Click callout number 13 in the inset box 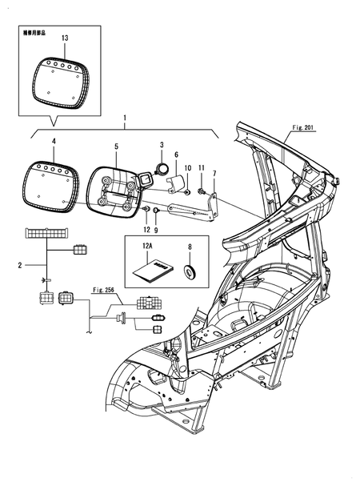point(65,38)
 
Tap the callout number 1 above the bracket point(124,118)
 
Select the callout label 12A point(146,248)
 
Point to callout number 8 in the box point(190,248)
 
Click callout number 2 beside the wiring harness point(20,263)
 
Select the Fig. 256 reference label point(105,289)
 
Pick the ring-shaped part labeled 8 point(190,272)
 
